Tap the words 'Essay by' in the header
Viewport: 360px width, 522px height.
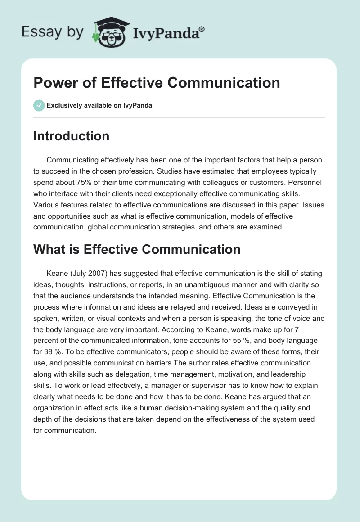53,32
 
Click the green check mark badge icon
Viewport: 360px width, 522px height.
39,105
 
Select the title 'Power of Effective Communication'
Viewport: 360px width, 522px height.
157,83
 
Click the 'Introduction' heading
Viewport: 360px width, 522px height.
71,136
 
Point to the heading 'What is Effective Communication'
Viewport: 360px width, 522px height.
137,249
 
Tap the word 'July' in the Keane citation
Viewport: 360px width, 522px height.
80,274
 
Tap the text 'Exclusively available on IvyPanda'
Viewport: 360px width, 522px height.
99,105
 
